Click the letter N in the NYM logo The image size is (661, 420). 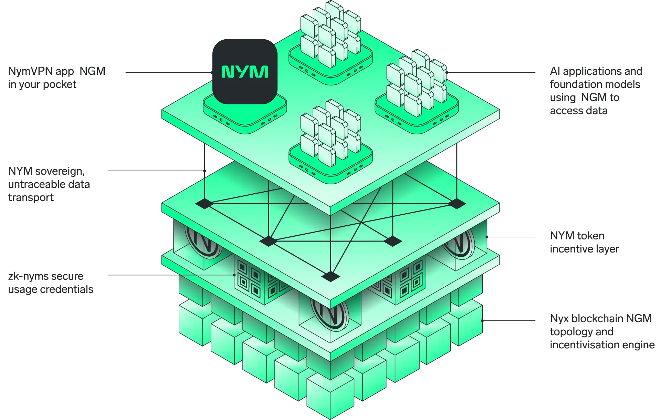point(228,72)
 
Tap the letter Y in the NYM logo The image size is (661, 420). point(244,72)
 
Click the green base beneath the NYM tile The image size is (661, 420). point(245,115)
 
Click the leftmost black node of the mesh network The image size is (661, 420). point(203,204)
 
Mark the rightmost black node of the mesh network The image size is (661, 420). point(457,204)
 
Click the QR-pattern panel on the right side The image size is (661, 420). point(405,281)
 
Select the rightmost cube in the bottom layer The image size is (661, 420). point(466,322)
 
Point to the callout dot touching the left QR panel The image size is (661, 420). point(234,275)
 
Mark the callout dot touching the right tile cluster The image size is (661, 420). point(447,73)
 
